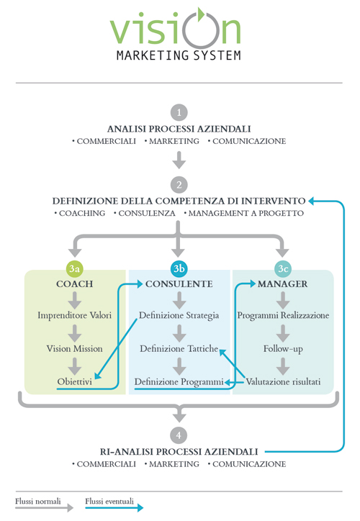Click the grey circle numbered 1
[179, 112]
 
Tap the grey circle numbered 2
[179, 185]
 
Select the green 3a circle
[74, 268]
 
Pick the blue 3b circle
[179, 268]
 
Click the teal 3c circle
[283, 268]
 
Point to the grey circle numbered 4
[179, 435]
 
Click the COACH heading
[74, 284]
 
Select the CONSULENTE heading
[179, 284]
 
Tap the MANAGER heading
[283, 284]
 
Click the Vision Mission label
[74, 348]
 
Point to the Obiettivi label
[74, 381]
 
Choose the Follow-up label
[283, 349]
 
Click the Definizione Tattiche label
[179, 348]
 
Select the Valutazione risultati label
[283, 381]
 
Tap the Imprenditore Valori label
[74, 315]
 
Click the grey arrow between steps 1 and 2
[179, 160]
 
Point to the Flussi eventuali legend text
[109, 501]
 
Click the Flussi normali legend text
[38, 501]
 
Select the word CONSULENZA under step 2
[147, 213]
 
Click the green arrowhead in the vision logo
[200, 14]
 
